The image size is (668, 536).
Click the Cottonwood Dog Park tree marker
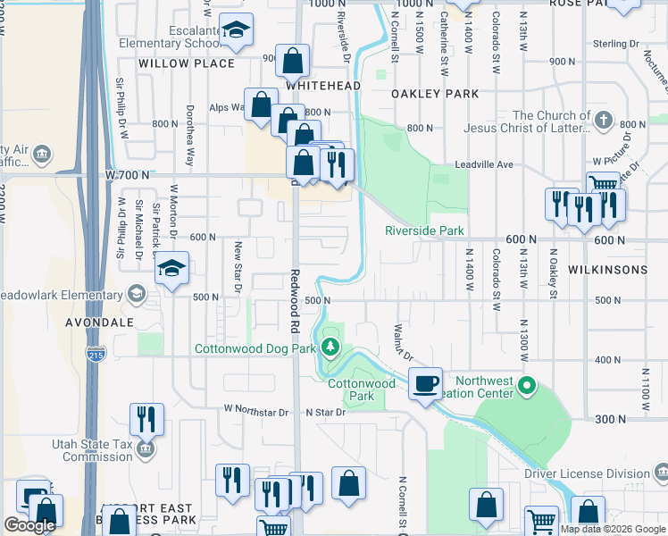coord(331,347)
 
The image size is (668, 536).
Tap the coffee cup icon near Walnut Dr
coord(426,383)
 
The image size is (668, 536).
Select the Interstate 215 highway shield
coord(94,355)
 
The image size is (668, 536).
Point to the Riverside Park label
coord(424,230)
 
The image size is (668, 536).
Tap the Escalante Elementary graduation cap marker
coord(236,31)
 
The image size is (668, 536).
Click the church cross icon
coord(603,120)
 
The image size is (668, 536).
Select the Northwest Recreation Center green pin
coord(527,387)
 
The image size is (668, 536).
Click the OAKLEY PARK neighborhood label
coord(435,94)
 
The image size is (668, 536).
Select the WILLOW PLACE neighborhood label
coord(187,63)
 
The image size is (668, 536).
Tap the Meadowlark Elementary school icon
coord(136,294)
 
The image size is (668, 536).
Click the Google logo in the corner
coord(29,525)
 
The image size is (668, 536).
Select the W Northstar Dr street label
coord(256,412)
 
